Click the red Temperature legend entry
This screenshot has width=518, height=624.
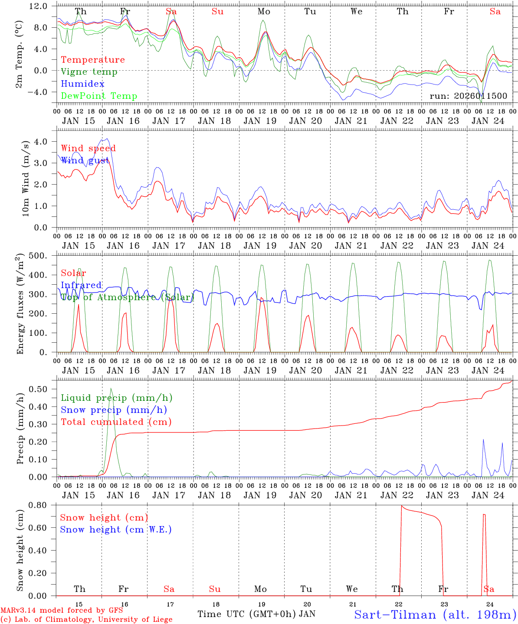93,60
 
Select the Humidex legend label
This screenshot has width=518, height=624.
82,84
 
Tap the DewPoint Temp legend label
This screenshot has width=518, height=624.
99,96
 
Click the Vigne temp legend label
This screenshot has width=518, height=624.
89,72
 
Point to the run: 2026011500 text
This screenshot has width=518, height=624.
468,96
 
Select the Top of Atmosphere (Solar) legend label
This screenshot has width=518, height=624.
128,297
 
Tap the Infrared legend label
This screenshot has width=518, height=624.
81,285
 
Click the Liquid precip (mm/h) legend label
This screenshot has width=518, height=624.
117,398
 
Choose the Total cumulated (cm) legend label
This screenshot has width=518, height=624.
116,422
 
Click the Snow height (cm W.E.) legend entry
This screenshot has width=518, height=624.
116,530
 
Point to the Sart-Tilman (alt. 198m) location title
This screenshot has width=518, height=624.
435,614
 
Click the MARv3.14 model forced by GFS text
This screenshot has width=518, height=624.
62,611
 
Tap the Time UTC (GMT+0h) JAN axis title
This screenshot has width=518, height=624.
256,614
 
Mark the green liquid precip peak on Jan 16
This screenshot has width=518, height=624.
111,388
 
